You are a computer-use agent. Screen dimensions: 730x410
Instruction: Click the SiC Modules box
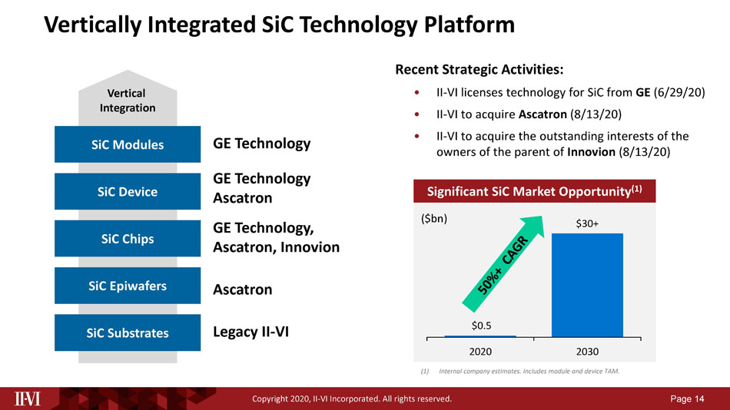(x=128, y=144)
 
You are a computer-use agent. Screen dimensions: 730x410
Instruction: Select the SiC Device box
(x=128, y=191)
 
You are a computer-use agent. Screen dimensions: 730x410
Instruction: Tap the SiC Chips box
(x=128, y=238)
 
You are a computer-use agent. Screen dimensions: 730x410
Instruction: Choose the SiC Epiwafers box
(x=128, y=286)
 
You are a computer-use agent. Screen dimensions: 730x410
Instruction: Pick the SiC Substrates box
(x=128, y=332)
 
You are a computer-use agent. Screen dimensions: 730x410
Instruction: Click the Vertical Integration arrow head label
(x=127, y=101)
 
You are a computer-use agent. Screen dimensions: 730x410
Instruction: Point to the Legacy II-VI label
(x=251, y=332)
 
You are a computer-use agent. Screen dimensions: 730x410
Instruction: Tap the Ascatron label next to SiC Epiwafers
(x=243, y=289)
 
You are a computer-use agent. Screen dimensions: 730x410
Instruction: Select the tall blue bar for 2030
(x=587, y=285)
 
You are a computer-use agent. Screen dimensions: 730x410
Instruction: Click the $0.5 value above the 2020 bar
(x=481, y=326)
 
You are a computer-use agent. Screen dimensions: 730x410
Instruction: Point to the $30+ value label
(x=587, y=223)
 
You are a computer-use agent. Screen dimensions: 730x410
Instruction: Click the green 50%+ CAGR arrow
(x=503, y=264)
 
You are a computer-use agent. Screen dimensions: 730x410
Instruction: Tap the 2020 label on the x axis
(x=480, y=352)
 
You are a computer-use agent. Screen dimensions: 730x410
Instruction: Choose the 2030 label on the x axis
(x=587, y=352)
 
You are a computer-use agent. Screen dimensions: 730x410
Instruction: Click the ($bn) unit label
(x=434, y=219)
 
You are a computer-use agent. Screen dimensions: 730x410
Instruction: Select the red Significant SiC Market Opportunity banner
(x=535, y=191)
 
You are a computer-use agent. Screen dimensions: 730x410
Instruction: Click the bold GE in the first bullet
(x=643, y=92)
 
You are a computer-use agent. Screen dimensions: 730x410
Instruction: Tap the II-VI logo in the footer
(x=28, y=398)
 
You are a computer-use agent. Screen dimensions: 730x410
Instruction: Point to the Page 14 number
(x=687, y=398)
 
